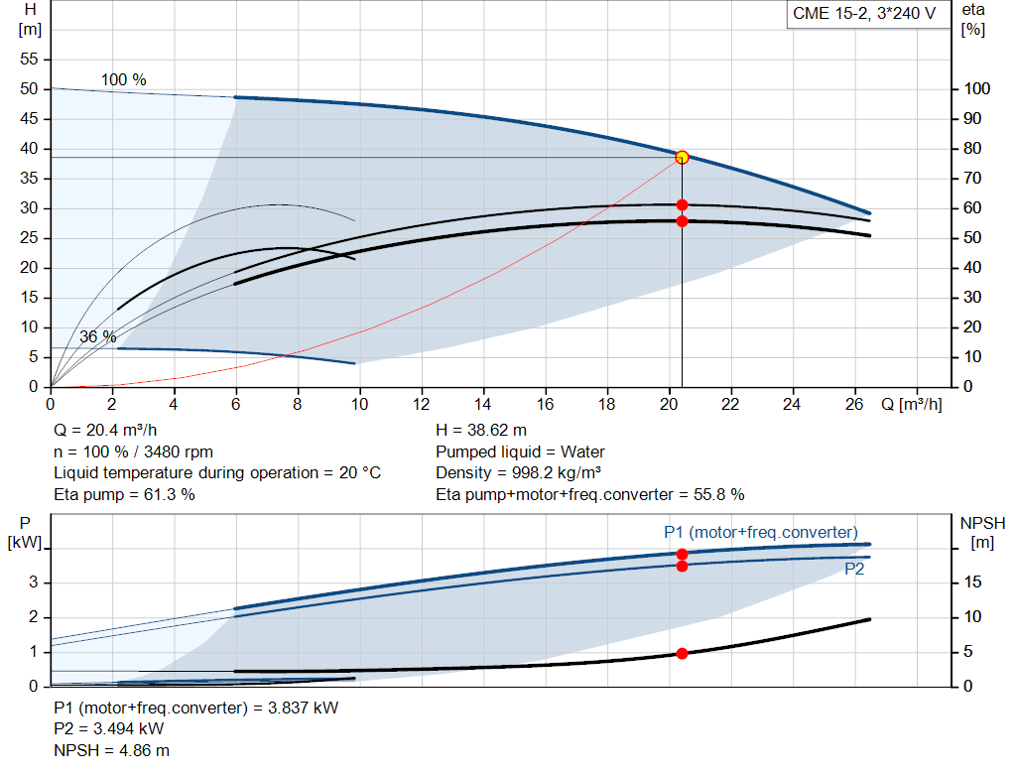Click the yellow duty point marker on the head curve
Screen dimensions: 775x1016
tap(682, 157)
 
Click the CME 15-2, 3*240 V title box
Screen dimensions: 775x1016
tap(864, 14)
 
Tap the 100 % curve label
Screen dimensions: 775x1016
tap(124, 79)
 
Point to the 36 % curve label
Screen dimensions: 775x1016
tap(98, 336)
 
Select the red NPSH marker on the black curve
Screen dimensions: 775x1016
tap(682, 653)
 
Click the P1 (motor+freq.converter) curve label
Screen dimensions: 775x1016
tap(761, 532)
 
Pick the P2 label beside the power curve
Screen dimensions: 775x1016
tap(854, 570)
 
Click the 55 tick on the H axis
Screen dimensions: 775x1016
tap(29, 60)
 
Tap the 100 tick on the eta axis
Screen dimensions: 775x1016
tap(976, 89)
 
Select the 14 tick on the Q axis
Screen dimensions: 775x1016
tap(483, 404)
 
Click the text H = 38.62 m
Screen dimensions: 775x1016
tap(480, 431)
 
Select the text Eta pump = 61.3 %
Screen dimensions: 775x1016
tap(124, 494)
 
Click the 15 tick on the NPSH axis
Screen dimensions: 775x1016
tap(974, 582)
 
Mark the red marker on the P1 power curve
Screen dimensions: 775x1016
tap(682, 554)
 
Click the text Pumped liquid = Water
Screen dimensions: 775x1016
tap(521, 452)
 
